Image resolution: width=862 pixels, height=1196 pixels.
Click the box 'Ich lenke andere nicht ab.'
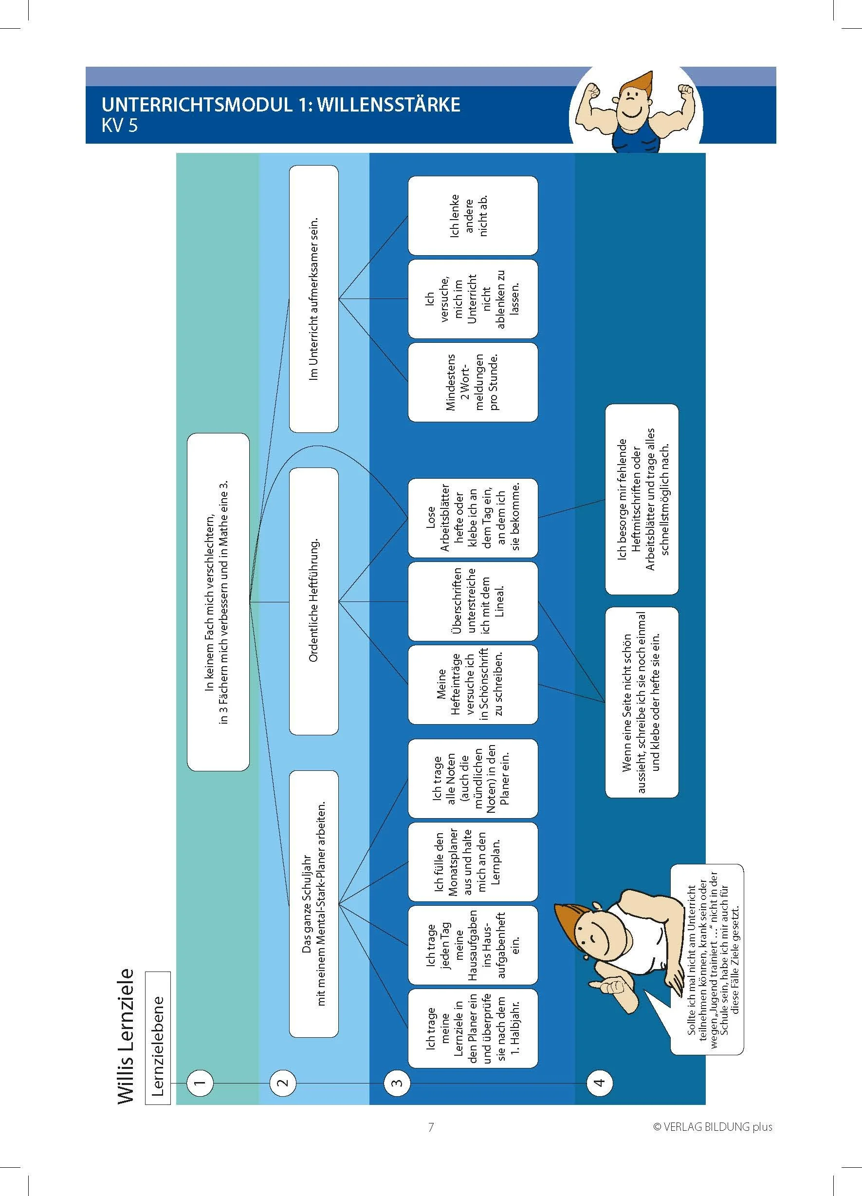tap(473, 215)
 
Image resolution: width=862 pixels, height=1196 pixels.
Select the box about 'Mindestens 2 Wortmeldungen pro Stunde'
tap(473, 382)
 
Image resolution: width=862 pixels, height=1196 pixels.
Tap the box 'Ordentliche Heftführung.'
tap(313, 600)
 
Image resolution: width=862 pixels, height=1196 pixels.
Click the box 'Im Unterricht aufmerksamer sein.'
tap(313, 299)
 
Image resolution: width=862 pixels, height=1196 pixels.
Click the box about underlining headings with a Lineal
tap(473, 600)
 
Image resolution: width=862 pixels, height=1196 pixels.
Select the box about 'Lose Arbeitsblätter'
tap(473, 517)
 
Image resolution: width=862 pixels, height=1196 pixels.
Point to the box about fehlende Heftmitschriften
tap(642, 499)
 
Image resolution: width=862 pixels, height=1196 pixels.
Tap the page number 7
tap(431, 1127)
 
